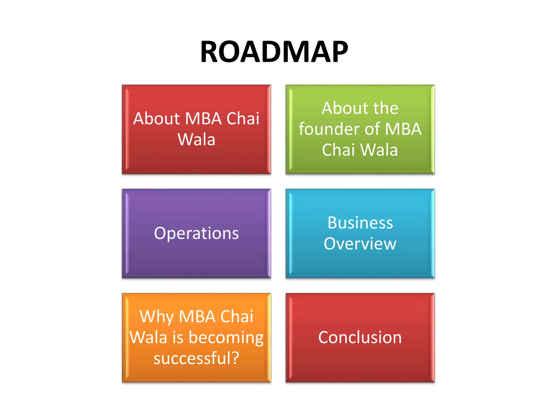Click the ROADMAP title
point(274,52)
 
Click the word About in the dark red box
point(156,119)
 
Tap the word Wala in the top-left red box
point(196,139)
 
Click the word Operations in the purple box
point(196,233)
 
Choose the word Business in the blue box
point(360,223)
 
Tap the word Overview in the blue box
point(360,244)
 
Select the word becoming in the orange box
point(226,338)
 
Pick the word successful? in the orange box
point(196,359)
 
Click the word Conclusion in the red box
point(360,337)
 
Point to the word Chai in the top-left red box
point(243,119)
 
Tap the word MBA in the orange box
point(197,317)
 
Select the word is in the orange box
point(178,338)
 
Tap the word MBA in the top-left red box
point(203,119)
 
